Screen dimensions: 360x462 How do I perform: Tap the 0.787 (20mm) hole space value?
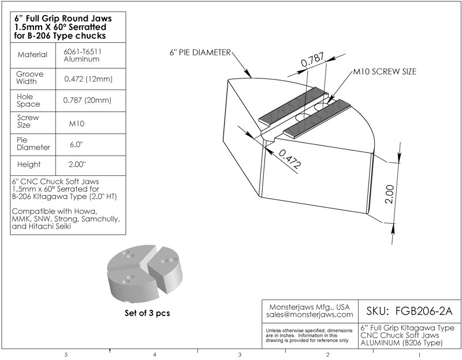tap(87, 100)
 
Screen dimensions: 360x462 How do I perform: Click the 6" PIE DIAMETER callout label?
tap(199, 52)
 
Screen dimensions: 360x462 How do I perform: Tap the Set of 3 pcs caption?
tap(140, 314)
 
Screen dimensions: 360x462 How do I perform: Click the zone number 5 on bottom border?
tap(67, 354)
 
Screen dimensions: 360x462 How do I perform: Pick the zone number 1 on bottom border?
tap(419, 354)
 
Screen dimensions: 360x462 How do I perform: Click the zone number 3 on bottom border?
tap(239, 354)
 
